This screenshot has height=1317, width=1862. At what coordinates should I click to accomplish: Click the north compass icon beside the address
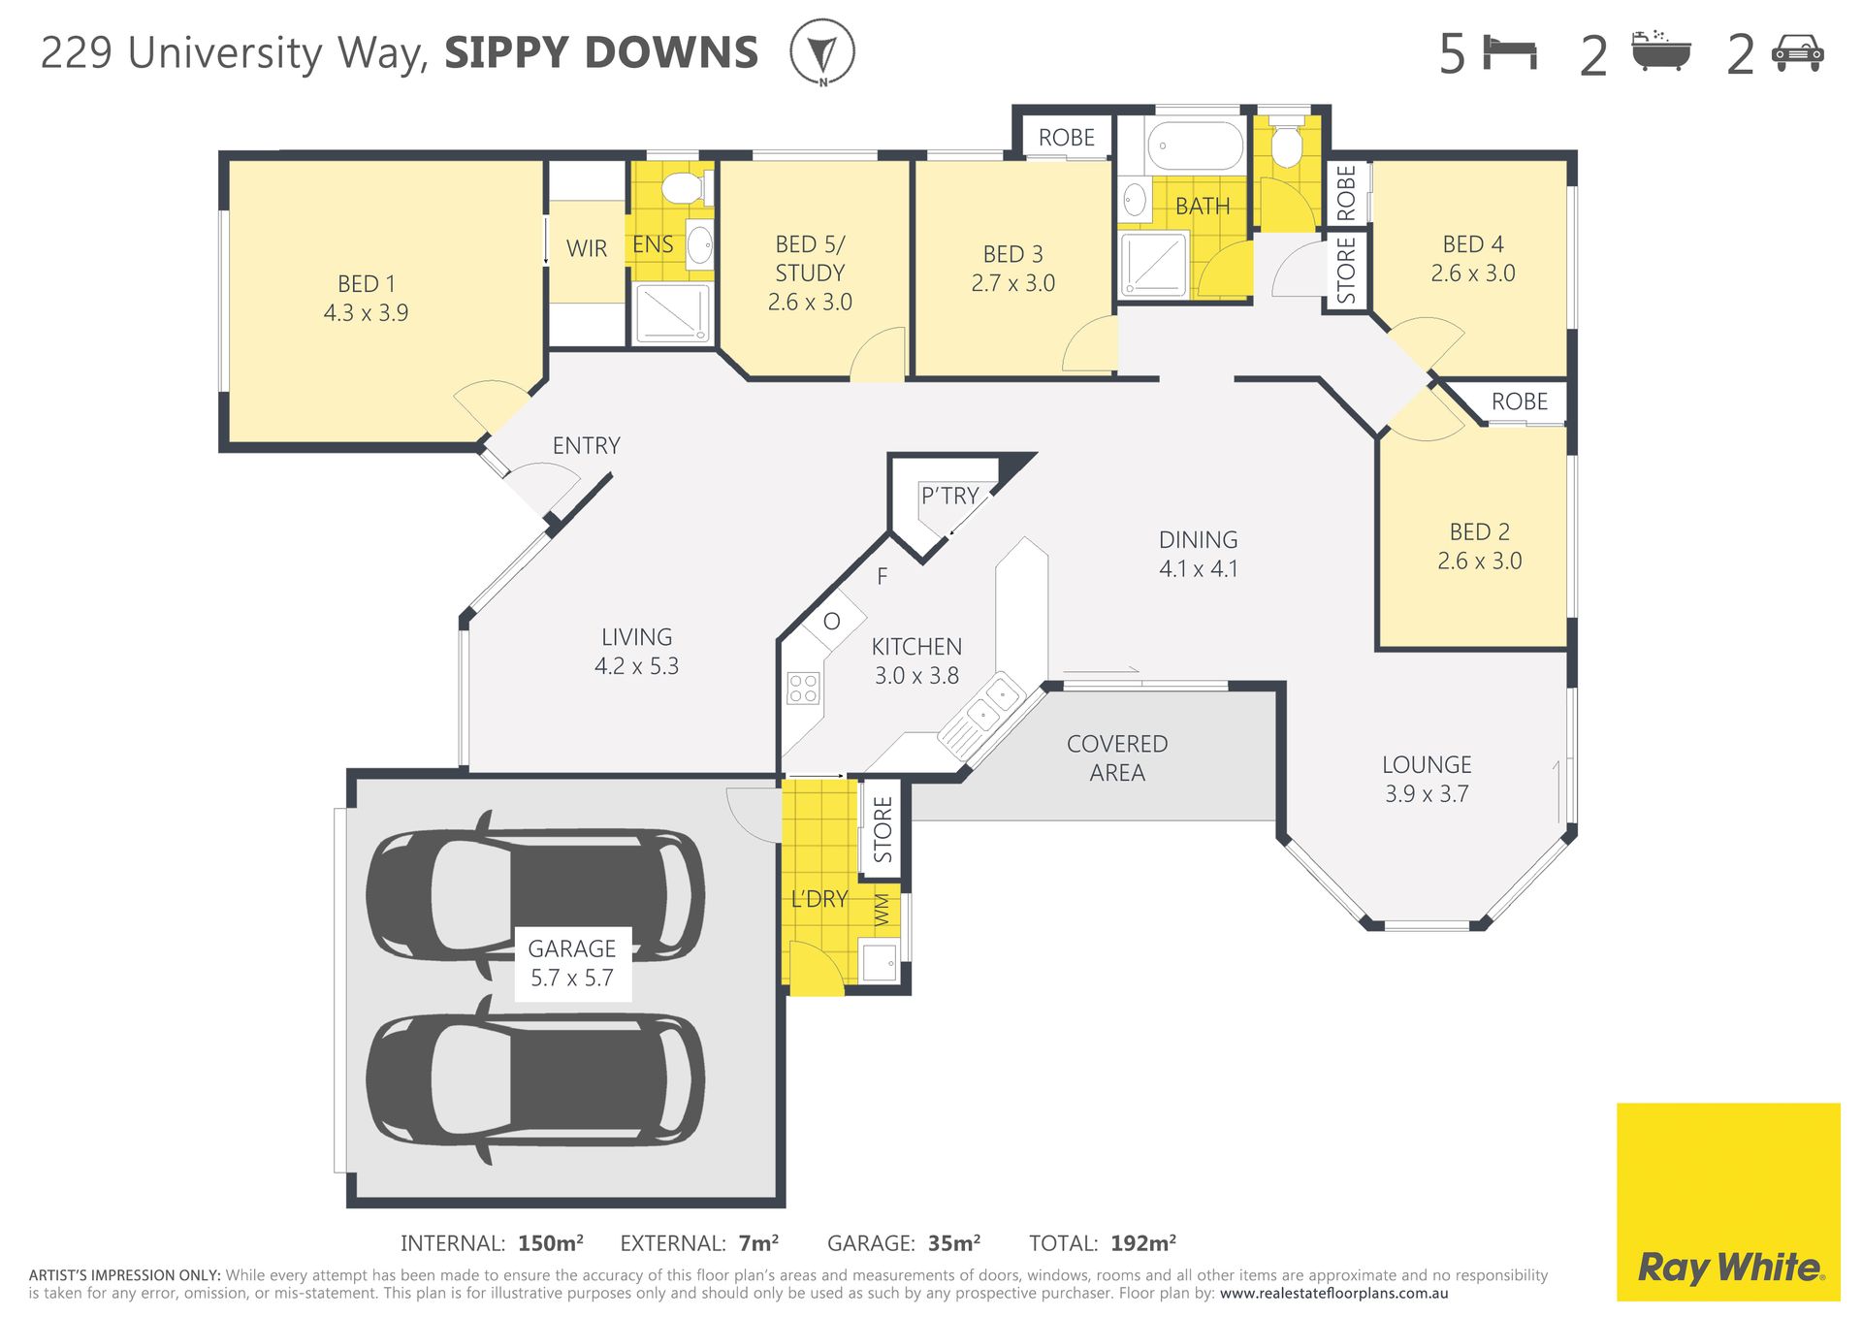tap(822, 52)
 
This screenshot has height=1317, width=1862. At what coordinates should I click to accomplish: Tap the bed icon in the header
tap(1511, 52)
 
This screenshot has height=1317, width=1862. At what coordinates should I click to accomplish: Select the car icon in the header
tap(1797, 53)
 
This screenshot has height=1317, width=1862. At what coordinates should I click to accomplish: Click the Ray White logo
tap(1728, 1202)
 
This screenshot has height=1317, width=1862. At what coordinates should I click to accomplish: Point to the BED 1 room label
tap(366, 298)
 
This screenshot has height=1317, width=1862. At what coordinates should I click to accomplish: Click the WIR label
tap(587, 248)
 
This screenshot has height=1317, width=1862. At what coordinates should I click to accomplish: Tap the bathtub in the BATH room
tap(1195, 145)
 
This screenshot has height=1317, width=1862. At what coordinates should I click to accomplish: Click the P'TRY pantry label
tap(949, 496)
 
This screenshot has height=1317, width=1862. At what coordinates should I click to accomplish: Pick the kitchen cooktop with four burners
tap(803, 688)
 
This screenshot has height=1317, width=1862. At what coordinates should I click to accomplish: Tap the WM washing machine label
tap(882, 910)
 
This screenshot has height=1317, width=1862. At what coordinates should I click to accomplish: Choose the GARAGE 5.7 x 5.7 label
tap(572, 963)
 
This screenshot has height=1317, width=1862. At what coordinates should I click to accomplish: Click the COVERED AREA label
tap(1117, 757)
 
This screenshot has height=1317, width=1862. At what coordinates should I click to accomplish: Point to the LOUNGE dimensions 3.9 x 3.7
tap(1427, 793)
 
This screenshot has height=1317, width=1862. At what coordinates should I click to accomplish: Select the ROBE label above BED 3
tap(1066, 138)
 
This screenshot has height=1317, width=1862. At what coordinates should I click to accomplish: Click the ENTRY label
tap(586, 445)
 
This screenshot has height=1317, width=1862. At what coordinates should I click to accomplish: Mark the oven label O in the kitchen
tap(831, 622)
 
